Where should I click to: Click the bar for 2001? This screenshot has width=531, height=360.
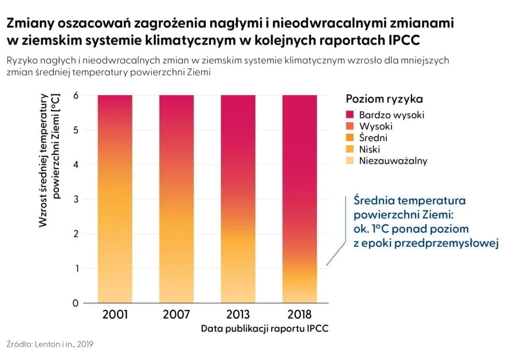(114, 199)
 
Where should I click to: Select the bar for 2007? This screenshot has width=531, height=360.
(176, 199)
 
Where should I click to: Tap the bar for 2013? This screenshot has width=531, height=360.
(238, 199)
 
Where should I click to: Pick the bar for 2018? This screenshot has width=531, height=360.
(300, 199)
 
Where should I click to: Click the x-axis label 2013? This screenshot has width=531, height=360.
(238, 315)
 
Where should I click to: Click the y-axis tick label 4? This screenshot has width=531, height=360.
(75, 165)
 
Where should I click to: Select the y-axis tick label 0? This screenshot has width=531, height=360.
(75, 303)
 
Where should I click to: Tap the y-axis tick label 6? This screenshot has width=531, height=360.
(75, 95)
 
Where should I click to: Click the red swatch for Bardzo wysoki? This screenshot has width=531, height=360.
(350, 115)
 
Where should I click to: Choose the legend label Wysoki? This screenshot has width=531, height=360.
(375, 126)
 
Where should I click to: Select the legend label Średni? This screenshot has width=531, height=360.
(373, 138)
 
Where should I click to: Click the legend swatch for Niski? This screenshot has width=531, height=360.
(350, 149)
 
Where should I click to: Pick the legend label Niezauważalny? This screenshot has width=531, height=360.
(393, 161)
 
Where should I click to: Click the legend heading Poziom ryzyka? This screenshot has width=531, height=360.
(384, 99)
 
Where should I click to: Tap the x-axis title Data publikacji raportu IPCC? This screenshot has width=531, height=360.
(265, 329)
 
